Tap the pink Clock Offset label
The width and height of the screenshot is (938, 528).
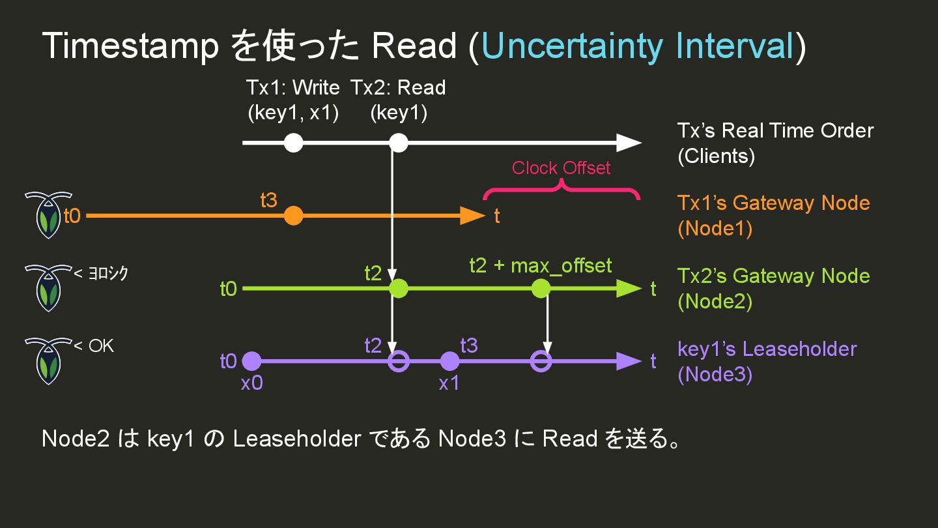[x=561, y=168]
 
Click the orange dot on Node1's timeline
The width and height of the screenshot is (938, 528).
[x=294, y=216]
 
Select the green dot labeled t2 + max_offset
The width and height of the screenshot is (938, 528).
[x=541, y=288]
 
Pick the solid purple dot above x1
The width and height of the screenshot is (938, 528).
[x=449, y=361]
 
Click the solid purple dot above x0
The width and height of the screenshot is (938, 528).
[x=251, y=361]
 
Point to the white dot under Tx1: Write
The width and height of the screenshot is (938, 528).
[x=294, y=143]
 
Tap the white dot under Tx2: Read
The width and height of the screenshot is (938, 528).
[x=398, y=143]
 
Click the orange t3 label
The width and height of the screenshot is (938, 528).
[x=268, y=201]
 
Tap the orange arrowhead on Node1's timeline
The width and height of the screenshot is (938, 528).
[x=472, y=216]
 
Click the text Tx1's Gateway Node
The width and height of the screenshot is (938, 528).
[x=773, y=203]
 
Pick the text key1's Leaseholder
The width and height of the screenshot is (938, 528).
[x=767, y=349]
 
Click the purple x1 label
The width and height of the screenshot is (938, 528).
[x=449, y=383]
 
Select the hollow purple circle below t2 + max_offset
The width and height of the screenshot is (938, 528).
[x=541, y=361]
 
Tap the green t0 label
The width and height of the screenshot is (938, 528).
[x=228, y=289]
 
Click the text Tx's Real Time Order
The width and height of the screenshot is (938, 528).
[x=775, y=130]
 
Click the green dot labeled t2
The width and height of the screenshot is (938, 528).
[x=398, y=288]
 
